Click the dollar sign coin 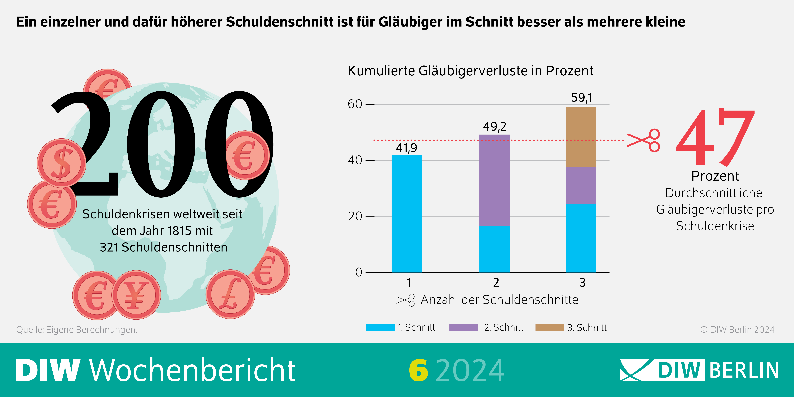pos(62,163)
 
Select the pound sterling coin pos(230,294)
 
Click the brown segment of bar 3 pos(581,137)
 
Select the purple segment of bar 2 pos(494,180)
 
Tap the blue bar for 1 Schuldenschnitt pos(407,214)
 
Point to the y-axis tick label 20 pos(355,216)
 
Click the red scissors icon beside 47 pos(644,141)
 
